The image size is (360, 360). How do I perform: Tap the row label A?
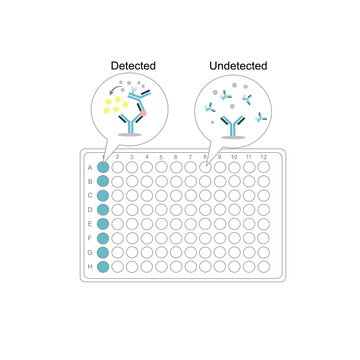click(92, 167)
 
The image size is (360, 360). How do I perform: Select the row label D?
click(92, 210)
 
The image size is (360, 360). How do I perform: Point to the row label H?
click(92, 267)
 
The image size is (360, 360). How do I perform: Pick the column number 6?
click(177, 157)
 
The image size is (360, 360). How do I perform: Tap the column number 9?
click(220, 157)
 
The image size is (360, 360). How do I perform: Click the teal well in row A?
click(104, 167)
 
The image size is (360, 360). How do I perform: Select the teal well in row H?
click(104, 267)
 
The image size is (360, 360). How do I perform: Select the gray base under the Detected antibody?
click(131, 134)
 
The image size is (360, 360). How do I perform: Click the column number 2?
click(119, 157)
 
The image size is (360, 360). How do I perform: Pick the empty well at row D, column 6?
click(177, 210)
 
